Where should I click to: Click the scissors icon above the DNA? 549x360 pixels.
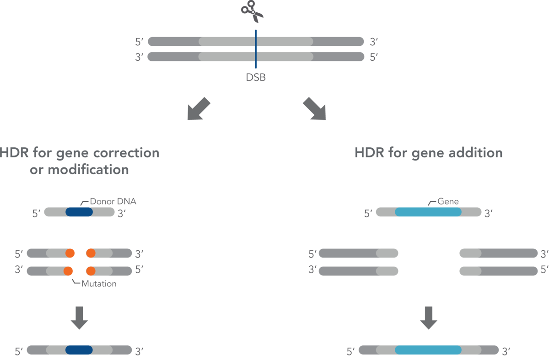[x=252, y=11]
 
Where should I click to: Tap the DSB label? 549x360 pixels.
[x=256, y=77]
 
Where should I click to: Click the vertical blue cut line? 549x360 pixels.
[x=256, y=49]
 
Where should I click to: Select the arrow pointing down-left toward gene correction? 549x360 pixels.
[x=199, y=109]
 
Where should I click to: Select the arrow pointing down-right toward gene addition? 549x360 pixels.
[x=315, y=109]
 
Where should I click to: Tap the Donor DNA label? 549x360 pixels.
[x=113, y=201]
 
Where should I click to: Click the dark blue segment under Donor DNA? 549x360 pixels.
[x=79, y=212]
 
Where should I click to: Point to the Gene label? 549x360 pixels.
[x=448, y=201]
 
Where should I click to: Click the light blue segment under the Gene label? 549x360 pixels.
[x=428, y=212]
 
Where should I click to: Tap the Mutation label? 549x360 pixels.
[x=99, y=284]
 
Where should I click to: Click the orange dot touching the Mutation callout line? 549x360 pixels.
[x=68, y=271]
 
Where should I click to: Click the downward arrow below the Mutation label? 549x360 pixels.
[x=79, y=318]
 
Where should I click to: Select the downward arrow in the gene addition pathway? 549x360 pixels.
[x=429, y=318]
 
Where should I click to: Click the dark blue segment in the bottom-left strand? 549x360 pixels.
[x=79, y=350]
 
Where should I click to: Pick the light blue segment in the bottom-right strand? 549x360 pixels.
[x=428, y=350]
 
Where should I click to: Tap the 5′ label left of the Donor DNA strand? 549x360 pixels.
[x=36, y=214]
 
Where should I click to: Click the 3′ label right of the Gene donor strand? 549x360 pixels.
[x=489, y=214]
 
